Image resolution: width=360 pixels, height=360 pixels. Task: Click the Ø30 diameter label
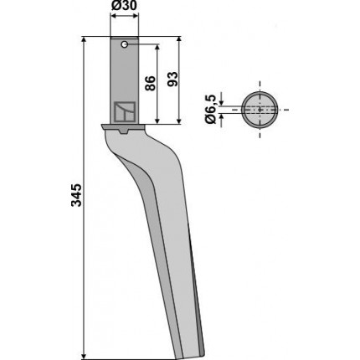[x=124, y=5]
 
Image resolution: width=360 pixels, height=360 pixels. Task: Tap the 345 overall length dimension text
[x=76, y=195]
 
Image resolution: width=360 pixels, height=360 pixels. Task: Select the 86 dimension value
[x=150, y=83]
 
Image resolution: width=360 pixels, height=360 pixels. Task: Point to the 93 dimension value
[x=172, y=79]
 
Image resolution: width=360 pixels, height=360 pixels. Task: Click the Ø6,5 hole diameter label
[x=210, y=109]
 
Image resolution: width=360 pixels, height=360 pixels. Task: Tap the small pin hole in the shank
[x=125, y=44]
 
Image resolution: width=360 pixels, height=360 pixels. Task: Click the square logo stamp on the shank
[x=125, y=112]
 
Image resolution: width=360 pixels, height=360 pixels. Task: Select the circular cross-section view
[x=260, y=110]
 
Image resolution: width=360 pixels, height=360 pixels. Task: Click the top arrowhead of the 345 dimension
[x=83, y=40]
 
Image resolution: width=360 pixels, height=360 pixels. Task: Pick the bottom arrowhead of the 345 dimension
[x=83, y=356]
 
